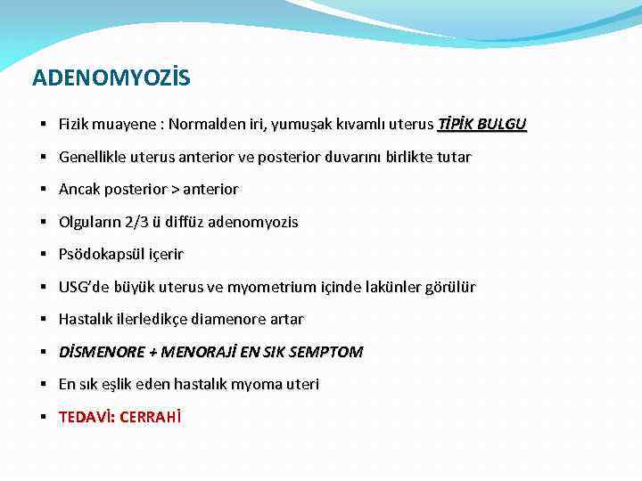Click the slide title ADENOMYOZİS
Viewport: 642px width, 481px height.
click(x=111, y=79)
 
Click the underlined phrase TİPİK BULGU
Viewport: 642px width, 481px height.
click(x=482, y=125)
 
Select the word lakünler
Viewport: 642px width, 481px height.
click(x=400, y=287)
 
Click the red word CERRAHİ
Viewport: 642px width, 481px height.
click(x=150, y=417)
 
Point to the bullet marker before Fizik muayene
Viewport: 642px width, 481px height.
click(x=43, y=125)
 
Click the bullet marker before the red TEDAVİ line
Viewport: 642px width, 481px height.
click(x=43, y=417)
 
